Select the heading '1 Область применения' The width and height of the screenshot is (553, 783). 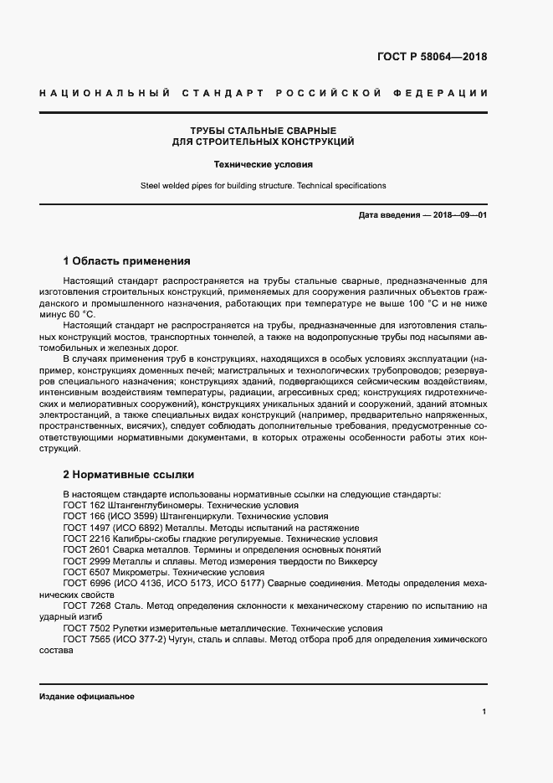tap(126, 260)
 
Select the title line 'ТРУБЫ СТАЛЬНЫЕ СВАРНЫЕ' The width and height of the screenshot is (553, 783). tap(263, 131)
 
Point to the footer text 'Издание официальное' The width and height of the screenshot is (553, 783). tap(86, 697)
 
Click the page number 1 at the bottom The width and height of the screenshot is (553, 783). tap(484, 711)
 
